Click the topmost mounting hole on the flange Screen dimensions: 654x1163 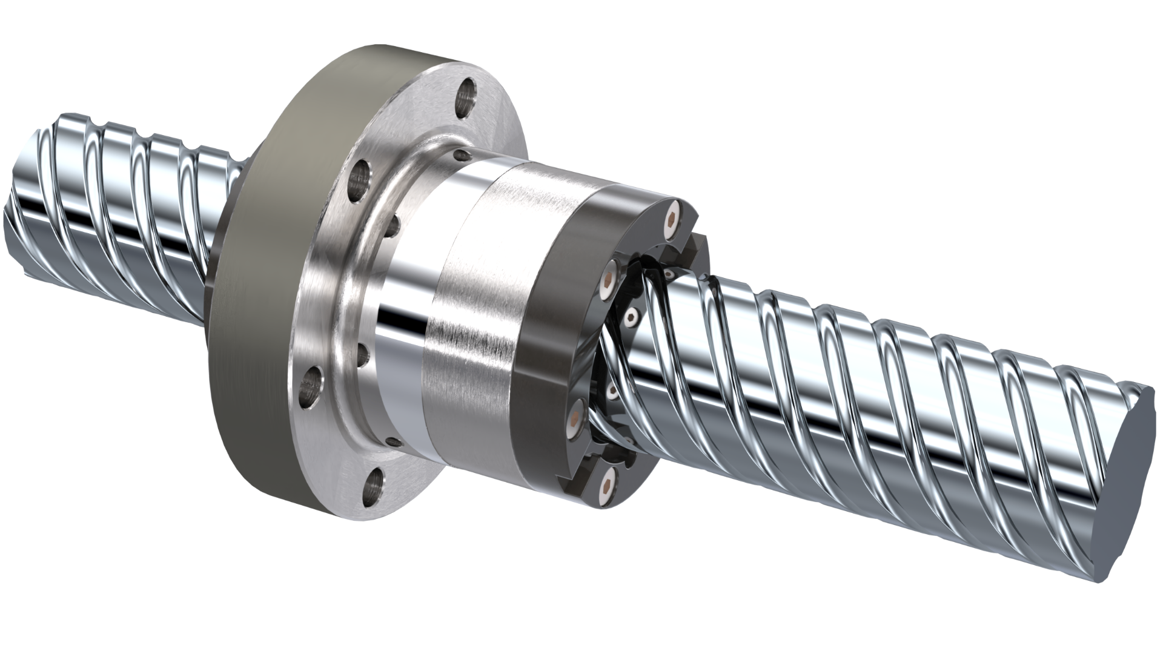[x=467, y=92]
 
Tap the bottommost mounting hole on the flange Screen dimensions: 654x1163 [x=375, y=483]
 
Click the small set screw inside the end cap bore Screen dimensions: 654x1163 [x=632, y=315]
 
